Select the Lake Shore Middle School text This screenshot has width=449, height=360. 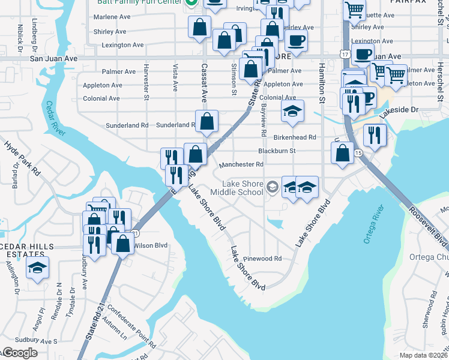click(243, 188)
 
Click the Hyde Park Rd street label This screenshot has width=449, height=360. click(22, 158)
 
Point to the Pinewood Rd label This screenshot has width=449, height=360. click(262, 259)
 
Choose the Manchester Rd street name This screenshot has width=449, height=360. click(241, 164)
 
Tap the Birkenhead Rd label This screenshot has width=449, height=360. click(295, 137)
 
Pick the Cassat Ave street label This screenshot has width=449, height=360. click(204, 82)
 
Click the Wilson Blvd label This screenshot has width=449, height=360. click(151, 245)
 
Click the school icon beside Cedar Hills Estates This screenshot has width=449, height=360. click(37, 268)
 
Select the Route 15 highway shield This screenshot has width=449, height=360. click(358, 154)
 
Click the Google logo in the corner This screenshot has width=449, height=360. click(19, 353)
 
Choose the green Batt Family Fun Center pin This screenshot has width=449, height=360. click(191, 3)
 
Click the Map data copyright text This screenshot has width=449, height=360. click(423, 355)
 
